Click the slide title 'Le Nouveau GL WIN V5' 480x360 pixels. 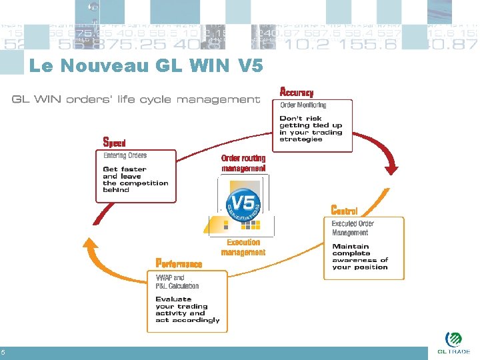pos(146,66)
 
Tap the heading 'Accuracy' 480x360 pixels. pos(296,92)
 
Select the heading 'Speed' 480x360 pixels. pos(114,143)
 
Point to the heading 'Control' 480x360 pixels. pos(344,211)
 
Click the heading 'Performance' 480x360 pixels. pos(179,263)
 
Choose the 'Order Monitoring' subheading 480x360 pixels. pos(303,105)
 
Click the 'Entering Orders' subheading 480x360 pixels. pos(125,155)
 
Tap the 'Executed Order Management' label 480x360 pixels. pos(353,228)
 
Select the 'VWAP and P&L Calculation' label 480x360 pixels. pos(177,281)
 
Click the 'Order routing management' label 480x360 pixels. pos(243,163)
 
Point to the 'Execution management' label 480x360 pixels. pos(243,247)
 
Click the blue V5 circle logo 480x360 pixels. pos(244,204)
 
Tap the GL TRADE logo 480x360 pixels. pos(453,342)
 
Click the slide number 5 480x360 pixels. pos(3,353)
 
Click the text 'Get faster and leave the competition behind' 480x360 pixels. pos(135,179)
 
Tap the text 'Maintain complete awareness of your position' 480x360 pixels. pos(360,257)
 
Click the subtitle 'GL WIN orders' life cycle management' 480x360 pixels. pos(135,100)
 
